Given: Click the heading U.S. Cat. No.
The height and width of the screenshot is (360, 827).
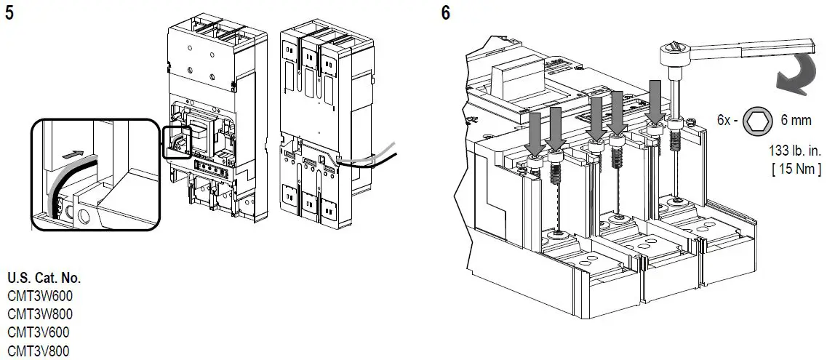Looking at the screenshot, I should click(x=44, y=278).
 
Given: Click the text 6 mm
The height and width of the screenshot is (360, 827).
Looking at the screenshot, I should click(x=796, y=121).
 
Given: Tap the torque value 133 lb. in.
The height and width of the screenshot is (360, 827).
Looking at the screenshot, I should click(x=796, y=152).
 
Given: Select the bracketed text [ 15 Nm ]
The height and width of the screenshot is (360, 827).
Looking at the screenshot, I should click(x=796, y=169).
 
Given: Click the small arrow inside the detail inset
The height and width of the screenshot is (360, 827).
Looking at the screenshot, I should click(x=70, y=155).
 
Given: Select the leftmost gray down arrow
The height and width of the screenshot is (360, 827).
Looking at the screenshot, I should click(x=534, y=134).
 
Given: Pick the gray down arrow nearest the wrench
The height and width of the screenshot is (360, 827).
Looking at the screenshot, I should click(x=655, y=102).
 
